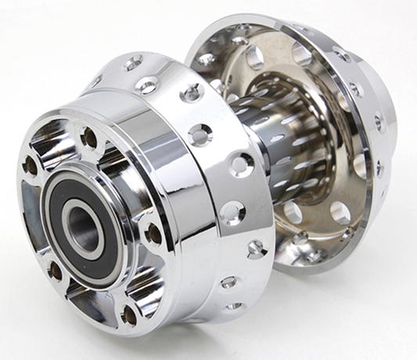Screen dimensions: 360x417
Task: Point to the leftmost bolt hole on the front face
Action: point(31,166)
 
